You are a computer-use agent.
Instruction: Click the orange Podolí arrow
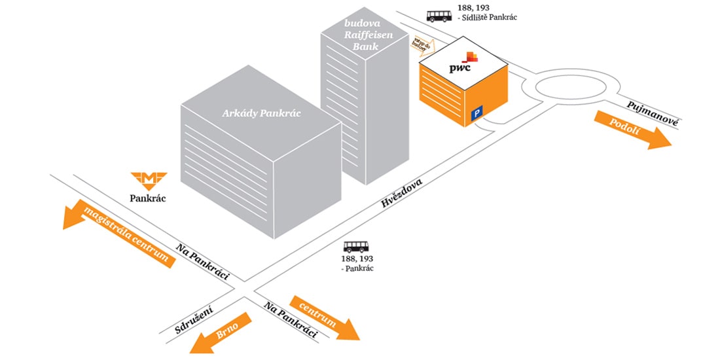tap(631, 130)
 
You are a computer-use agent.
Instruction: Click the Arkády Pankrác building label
tap(261, 113)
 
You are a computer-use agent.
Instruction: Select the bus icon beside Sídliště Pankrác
tap(439, 16)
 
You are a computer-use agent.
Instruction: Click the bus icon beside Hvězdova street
tap(356, 247)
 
